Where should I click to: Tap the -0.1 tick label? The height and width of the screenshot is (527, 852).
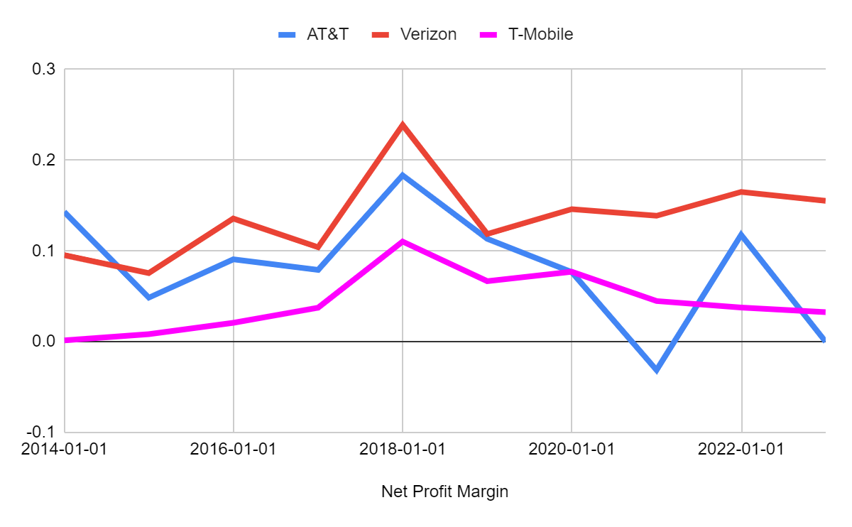[x=40, y=432]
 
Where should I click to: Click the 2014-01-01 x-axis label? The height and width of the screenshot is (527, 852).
[x=65, y=450]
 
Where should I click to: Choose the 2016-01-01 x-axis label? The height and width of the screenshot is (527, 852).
[x=234, y=450]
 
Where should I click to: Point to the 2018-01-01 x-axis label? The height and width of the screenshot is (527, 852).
[x=403, y=450]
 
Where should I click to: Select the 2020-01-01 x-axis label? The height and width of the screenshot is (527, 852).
[x=572, y=450]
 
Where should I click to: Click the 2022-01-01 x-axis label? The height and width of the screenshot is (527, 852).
[x=741, y=450]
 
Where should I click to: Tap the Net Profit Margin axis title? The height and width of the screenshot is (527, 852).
[x=445, y=491]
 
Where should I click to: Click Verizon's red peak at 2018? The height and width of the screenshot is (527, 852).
[x=403, y=125]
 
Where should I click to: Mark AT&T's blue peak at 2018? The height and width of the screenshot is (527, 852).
[x=403, y=175]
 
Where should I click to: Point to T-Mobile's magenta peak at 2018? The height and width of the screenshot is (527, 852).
[x=403, y=241]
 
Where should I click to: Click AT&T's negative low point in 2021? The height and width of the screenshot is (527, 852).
[x=657, y=370]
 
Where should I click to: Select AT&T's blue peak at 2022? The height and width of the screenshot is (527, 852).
[x=741, y=234]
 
